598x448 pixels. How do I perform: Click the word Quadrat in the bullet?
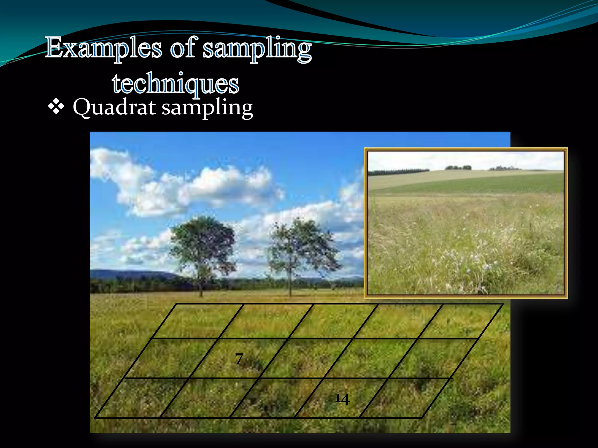tap(114, 107)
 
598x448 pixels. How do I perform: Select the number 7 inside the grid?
tap(239, 358)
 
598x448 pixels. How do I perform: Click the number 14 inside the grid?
tap(342, 399)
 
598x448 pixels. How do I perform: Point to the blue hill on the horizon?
tap(131, 274)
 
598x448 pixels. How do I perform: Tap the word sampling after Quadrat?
tap(207, 108)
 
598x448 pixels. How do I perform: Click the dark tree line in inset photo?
tap(397, 172)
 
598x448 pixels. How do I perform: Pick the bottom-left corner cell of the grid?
tap(142, 398)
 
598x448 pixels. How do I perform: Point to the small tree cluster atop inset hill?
tap(458, 167)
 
